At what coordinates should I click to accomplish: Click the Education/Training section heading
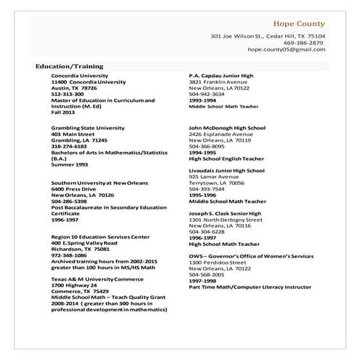(69, 66)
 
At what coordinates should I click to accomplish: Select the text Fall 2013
(63, 112)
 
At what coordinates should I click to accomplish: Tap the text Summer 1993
(70, 164)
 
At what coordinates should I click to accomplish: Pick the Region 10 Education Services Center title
(100, 236)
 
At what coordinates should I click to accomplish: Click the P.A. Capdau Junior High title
(221, 76)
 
